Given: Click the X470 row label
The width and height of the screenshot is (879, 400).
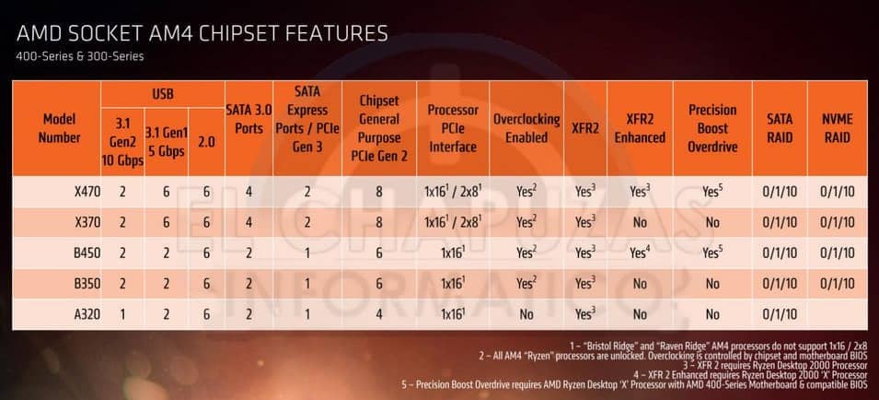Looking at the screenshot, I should (x=87, y=193).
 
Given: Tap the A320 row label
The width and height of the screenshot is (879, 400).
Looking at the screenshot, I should (x=87, y=314).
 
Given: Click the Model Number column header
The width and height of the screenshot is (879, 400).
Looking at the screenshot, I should (x=58, y=129).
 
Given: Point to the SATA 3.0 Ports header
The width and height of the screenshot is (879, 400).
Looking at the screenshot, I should (x=249, y=120).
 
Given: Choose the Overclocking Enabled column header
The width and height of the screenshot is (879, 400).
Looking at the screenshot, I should (x=526, y=129).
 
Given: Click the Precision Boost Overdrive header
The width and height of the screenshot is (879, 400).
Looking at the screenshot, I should (x=712, y=128).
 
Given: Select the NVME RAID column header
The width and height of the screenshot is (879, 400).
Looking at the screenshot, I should (x=837, y=129).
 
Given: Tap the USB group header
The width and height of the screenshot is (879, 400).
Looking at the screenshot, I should (x=163, y=94).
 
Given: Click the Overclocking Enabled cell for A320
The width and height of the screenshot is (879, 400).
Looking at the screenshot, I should (x=526, y=314).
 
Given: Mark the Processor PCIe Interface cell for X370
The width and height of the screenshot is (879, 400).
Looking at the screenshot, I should (x=453, y=223).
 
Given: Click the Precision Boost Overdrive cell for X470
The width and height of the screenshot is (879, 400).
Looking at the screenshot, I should (x=712, y=193).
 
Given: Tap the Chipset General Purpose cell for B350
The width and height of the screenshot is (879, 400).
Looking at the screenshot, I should (x=378, y=284).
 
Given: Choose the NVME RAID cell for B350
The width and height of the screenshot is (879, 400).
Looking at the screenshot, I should (x=837, y=284).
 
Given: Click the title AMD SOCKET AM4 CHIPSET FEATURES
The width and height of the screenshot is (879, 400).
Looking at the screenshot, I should (x=202, y=34).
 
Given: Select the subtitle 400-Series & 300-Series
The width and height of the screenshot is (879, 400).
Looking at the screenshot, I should (x=79, y=56).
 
